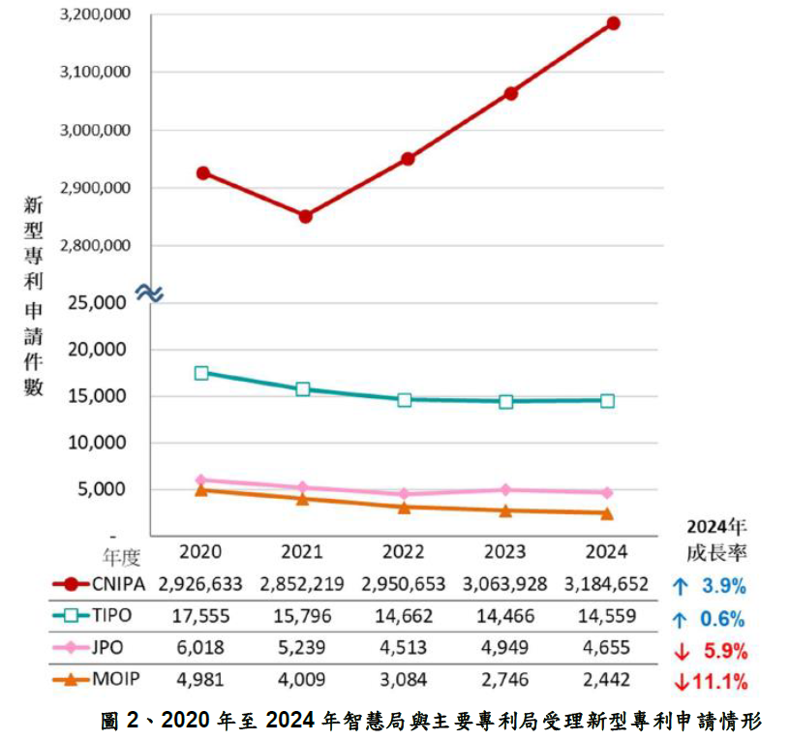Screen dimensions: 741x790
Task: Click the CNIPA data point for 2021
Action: [x=305, y=216]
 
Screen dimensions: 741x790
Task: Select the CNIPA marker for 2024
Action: [x=613, y=23]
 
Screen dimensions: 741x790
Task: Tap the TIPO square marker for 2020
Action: [x=201, y=373]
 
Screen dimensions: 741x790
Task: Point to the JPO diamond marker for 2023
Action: [x=506, y=490]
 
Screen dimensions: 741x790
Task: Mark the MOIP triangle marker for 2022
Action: [x=405, y=507]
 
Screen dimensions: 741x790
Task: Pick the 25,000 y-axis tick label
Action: [x=99, y=303]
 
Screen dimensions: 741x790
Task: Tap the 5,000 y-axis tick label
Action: [x=104, y=489]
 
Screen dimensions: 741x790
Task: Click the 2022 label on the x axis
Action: [x=403, y=552]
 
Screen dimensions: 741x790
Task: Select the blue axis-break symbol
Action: [x=149, y=292]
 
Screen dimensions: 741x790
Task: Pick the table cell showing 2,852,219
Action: [x=305, y=585]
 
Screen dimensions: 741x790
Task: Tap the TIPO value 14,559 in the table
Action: [x=606, y=617]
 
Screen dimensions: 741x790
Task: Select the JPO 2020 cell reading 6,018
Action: [x=201, y=648]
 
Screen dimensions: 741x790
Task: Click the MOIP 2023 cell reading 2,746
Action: [x=504, y=680]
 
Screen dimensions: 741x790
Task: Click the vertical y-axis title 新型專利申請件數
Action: [x=34, y=295]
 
